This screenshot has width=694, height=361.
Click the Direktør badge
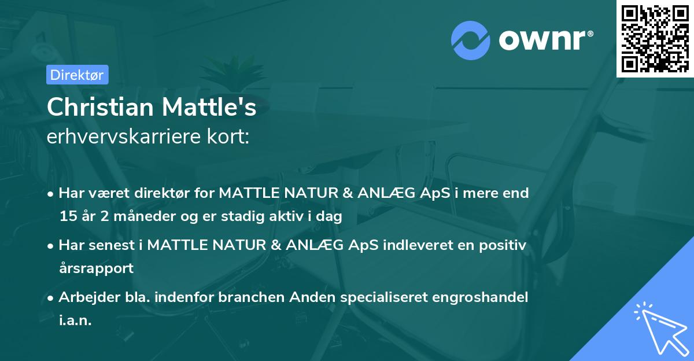click(77, 75)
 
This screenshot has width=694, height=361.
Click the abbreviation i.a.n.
click(75, 320)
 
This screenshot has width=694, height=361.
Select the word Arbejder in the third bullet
click(85, 297)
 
